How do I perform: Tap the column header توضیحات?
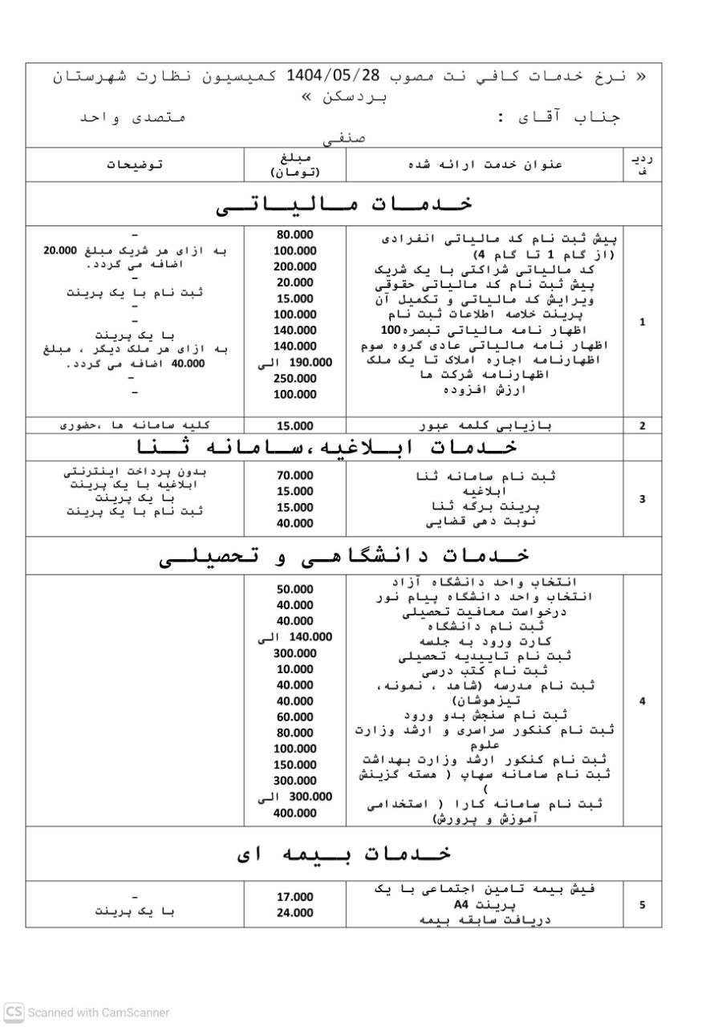pos(135,164)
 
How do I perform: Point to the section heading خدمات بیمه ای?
pos(344,853)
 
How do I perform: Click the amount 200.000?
pos(295,266)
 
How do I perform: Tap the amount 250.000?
pos(295,379)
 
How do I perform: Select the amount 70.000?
pos(295,475)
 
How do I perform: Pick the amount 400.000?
pos(295,813)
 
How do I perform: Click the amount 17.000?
pos(295,897)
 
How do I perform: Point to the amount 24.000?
pos(295,913)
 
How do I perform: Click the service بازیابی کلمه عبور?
pos(486,426)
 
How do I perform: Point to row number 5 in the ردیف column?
pos(643,905)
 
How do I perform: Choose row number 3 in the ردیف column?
pos(643,499)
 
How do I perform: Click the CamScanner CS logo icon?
pos(14,1013)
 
